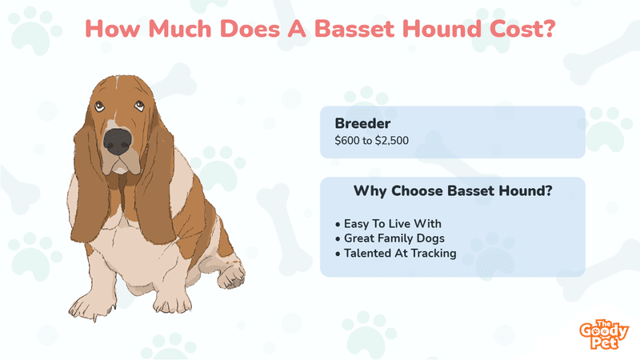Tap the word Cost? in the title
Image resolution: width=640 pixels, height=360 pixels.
pyautogui.click(x=522, y=29)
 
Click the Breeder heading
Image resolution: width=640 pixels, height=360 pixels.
pyautogui.click(x=362, y=123)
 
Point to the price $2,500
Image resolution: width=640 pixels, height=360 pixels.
pyautogui.click(x=392, y=141)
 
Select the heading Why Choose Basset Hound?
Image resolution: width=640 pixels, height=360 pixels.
pyautogui.click(x=453, y=191)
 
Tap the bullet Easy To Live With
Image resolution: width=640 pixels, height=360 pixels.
pyautogui.click(x=388, y=224)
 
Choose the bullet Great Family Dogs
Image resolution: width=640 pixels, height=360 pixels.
pyautogui.click(x=390, y=238)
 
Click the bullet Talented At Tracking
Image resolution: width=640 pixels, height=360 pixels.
pyautogui.click(x=395, y=254)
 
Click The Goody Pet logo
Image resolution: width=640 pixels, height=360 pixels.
pyautogui.click(x=604, y=334)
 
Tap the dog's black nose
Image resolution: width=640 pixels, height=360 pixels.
pyautogui.click(x=118, y=142)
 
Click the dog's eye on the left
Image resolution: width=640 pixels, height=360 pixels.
pyautogui.click(x=99, y=106)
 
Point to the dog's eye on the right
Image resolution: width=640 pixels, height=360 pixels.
pyautogui.click(x=139, y=106)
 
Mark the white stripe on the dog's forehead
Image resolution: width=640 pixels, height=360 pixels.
pyautogui.click(x=117, y=84)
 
